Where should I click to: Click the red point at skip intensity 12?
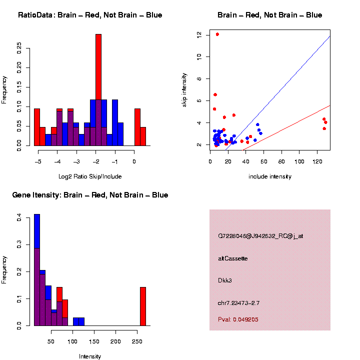[217, 34]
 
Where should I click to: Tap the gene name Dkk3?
[225, 280]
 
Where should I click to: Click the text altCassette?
[233, 258]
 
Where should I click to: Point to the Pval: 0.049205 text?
[238, 319]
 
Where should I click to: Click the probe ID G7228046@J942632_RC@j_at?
[260, 236]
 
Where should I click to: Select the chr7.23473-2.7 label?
[238, 303]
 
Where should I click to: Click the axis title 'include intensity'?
[270, 176]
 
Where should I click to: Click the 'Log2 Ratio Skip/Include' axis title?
[90, 176]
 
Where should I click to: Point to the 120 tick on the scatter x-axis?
[317, 161]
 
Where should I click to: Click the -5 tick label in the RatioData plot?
[38, 161]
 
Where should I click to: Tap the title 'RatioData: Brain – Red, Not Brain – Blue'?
[90, 15]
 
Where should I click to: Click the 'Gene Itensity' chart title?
[90, 195]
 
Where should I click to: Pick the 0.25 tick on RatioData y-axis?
[19, 46]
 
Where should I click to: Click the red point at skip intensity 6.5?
[215, 94]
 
